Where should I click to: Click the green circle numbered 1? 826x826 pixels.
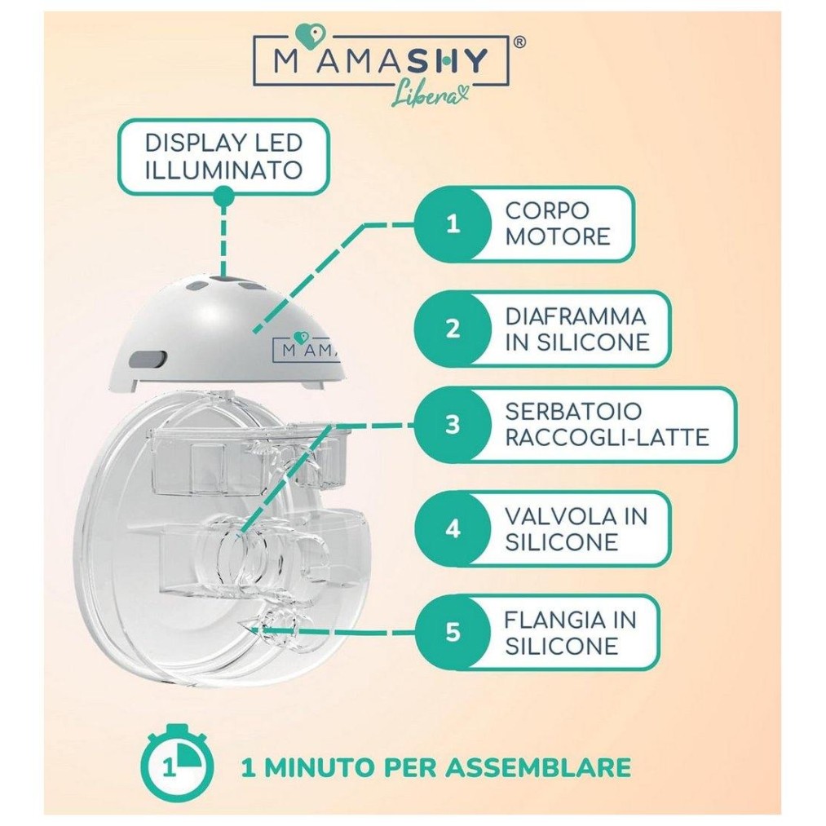453,224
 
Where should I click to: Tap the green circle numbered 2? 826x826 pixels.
453,329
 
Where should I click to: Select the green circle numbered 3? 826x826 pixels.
453,425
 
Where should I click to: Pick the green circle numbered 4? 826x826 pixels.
453,528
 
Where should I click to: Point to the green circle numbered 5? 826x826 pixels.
453,632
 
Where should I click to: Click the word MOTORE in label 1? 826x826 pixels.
558,236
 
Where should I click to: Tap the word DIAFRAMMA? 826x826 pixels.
575,316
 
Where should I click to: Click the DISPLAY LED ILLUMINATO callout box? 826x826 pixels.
223,157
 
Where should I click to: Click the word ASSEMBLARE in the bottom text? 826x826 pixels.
538,767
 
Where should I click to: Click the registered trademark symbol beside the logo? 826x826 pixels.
519,42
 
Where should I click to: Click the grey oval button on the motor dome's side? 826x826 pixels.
148,359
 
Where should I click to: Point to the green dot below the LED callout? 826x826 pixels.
223,196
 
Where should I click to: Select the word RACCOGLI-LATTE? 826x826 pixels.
607,438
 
